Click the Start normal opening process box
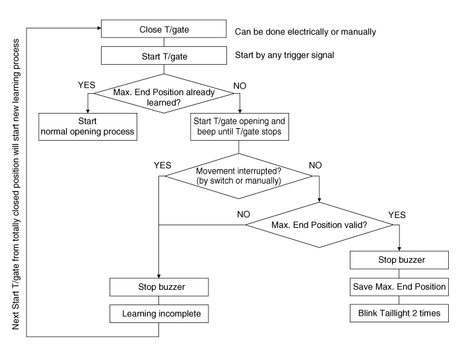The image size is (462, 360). click(x=88, y=126)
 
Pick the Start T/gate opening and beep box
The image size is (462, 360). click(x=239, y=126)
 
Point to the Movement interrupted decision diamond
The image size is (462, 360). click(x=239, y=176)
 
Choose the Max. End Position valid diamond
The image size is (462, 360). click(x=319, y=225)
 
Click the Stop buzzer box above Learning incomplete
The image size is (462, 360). click(x=159, y=287)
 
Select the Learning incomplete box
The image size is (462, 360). click(x=159, y=312)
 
